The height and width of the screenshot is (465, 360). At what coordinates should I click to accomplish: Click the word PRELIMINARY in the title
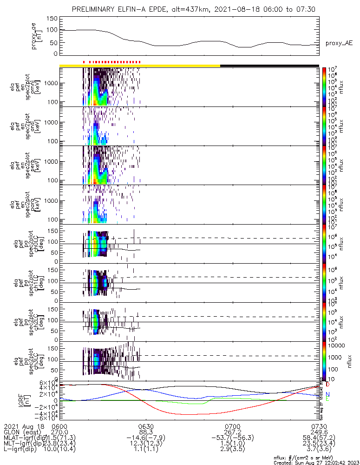point(94,9)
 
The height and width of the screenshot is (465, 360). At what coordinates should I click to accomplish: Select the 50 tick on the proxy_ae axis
point(54,42)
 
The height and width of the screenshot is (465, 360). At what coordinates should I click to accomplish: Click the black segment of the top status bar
point(269,66)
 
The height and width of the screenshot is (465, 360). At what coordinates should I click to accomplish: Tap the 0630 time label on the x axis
point(146,426)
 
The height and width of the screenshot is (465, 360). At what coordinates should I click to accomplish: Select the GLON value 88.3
point(146,432)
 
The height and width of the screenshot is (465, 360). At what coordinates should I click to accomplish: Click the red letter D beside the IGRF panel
point(327,385)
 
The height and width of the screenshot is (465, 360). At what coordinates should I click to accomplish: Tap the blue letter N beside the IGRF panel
point(327,394)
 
